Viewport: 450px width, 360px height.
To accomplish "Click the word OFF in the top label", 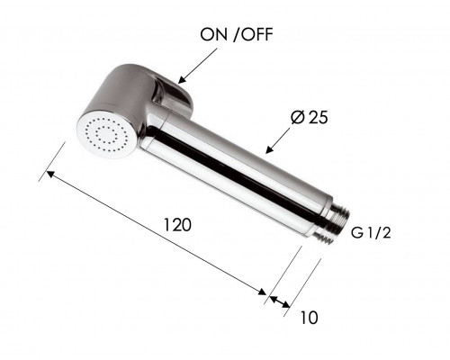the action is coord(257,34).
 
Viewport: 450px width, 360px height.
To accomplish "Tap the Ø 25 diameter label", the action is coord(310,117).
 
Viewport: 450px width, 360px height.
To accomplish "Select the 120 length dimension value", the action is coord(177,225).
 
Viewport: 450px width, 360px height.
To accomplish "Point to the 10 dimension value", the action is coord(309,318).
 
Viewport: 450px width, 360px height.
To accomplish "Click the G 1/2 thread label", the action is coord(371,232).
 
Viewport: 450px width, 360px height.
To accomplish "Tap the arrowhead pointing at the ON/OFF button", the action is coord(182,80).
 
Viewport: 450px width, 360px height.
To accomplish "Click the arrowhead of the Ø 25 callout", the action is coord(270,149).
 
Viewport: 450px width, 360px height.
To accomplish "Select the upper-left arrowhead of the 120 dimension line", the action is coord(50,174).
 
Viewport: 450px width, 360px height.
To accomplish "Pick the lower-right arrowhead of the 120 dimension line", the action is coord(262,292).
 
